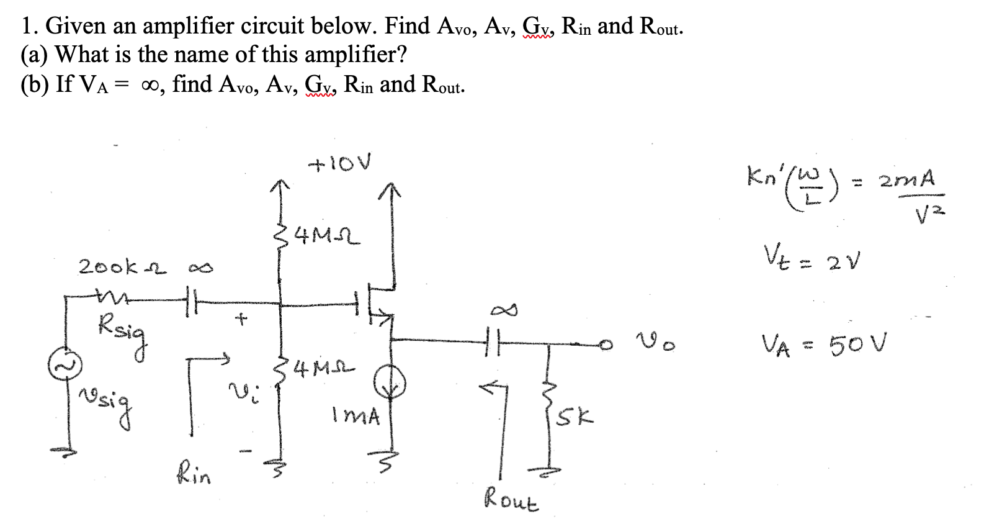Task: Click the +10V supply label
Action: pyautogui.click(x=341, y=164)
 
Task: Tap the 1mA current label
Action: pyautogui.click(x=356, y=415)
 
